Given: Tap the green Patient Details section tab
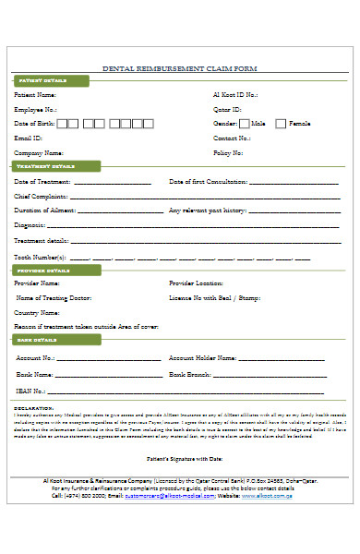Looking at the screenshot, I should point(45,81).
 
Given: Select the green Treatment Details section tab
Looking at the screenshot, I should point(47,166).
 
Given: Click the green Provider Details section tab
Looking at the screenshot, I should point(45,271).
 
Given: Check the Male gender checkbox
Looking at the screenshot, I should point(244,123).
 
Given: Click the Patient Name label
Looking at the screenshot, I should point(35,95).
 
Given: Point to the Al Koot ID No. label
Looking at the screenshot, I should point(236,95).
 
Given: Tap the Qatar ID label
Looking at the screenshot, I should point(227,109).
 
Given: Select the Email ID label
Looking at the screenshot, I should point(29,138).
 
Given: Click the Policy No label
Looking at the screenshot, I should point(228,152).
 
